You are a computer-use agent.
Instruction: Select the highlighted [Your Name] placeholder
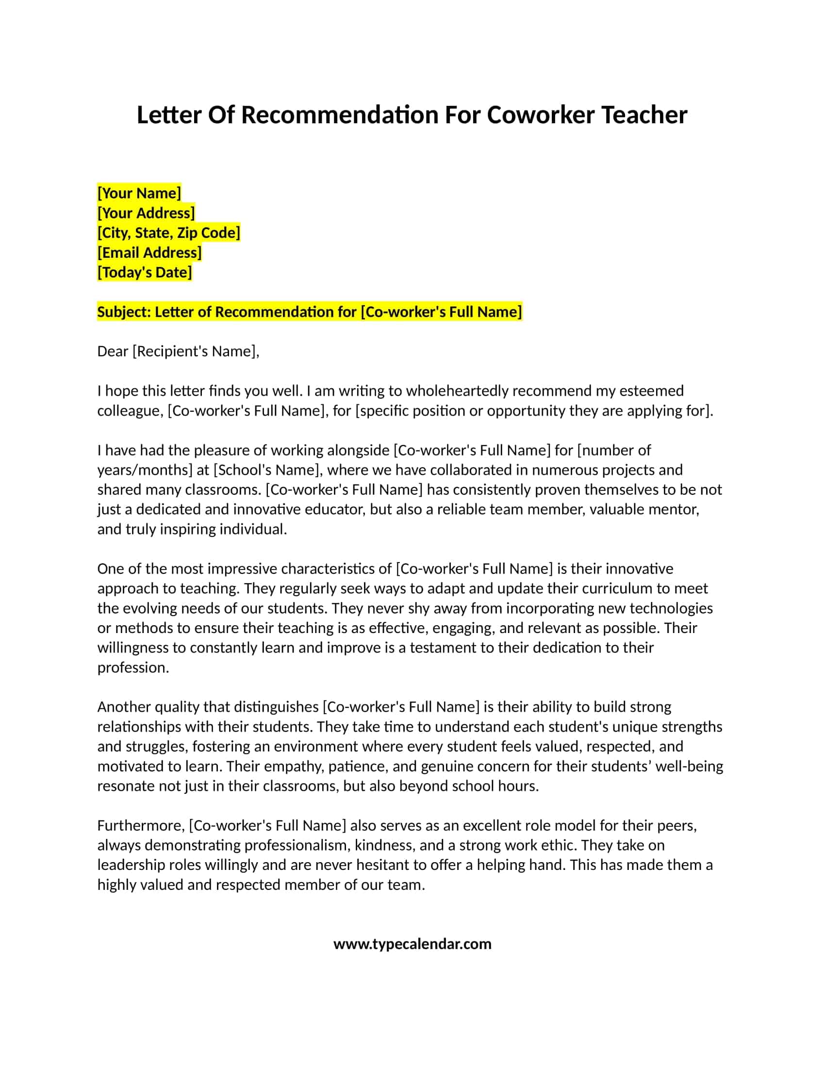coord(139,193)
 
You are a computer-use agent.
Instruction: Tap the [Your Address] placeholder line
coord(146,213)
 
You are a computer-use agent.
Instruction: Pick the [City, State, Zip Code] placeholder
coord(168,233)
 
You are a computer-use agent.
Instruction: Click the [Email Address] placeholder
coord(149,253)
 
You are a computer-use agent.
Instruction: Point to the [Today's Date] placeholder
coord(145,272)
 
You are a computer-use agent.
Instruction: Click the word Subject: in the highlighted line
coord(124,312)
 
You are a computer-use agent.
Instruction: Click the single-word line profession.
coord(133,667)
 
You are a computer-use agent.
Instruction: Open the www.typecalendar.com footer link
coord(412,944)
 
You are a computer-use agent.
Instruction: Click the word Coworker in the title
coord(541,116)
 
